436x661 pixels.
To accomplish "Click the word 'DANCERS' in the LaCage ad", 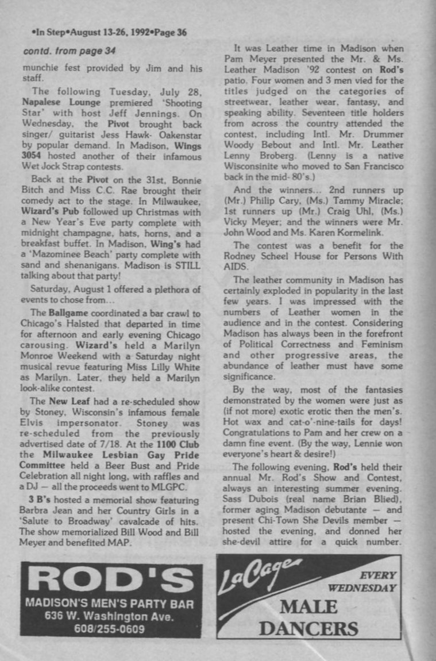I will [309, 628].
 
